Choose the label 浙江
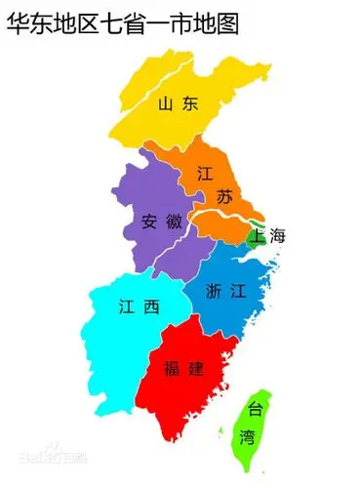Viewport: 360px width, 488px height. [225, 290]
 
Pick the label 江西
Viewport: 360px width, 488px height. [136, 307]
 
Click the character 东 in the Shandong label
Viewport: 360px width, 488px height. [192, 102]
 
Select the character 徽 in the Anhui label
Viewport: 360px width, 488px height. [174, 221]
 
